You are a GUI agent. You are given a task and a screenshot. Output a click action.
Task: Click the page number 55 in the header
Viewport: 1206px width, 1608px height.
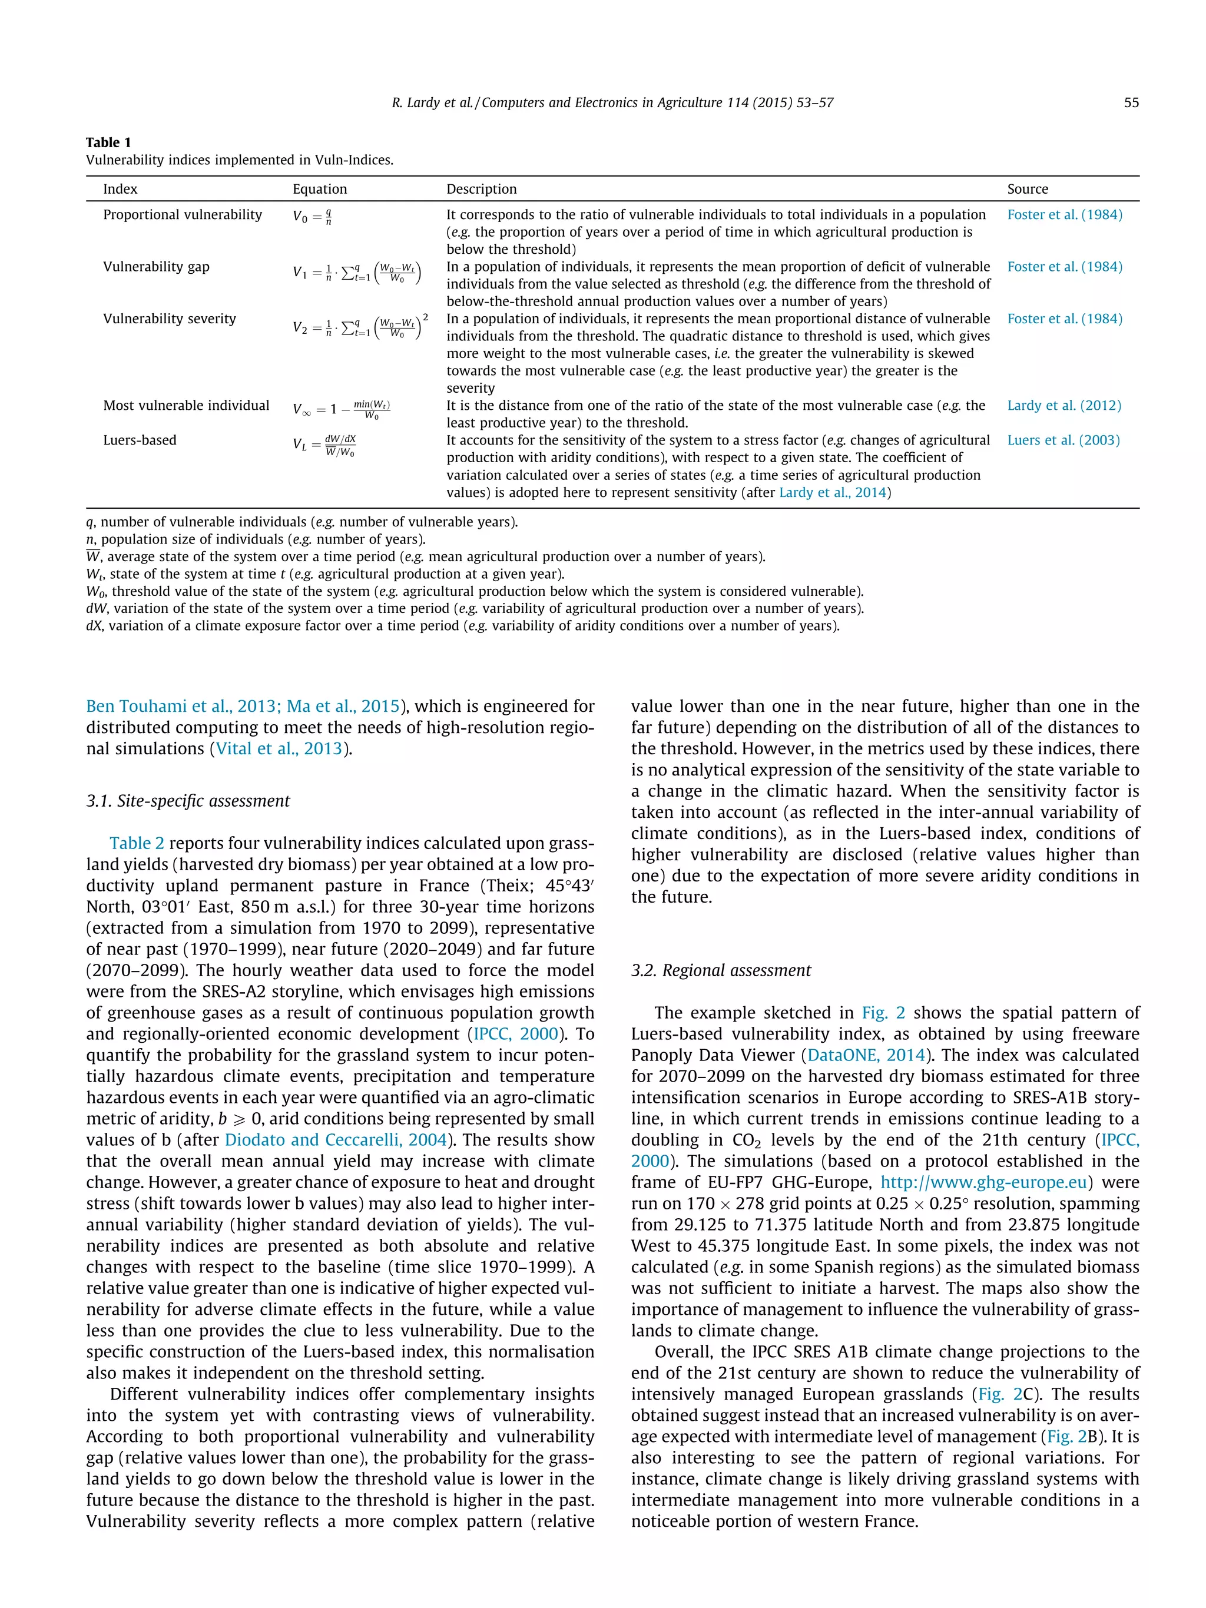click(1131, 102)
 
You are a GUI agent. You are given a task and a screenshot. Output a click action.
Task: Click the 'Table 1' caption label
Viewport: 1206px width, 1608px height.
click(108, 142)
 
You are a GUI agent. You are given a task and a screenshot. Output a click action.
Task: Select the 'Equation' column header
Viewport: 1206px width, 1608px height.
click(319, 189)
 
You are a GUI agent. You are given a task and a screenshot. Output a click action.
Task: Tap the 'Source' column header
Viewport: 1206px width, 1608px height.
click(1027, 189)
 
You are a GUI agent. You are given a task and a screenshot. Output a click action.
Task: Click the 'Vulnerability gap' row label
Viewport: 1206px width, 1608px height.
click(155, 267)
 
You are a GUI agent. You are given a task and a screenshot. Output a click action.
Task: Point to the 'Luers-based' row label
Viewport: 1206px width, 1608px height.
click(140, 440)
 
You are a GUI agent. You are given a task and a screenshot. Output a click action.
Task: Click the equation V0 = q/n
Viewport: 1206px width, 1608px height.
click(313, 217)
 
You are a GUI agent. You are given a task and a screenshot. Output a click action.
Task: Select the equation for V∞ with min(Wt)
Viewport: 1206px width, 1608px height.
click(342, 409)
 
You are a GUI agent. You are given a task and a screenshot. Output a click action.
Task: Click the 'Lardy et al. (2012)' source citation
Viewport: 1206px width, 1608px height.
click(1063, 406)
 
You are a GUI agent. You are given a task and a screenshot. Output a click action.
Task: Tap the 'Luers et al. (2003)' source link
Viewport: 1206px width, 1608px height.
click(1063, 440)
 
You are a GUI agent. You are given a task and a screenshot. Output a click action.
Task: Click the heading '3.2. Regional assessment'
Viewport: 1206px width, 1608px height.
click(720, 970)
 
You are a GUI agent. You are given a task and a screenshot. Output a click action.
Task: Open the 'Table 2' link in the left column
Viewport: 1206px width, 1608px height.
click(137, 843)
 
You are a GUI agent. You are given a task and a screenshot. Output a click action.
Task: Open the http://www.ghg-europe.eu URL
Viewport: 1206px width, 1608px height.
click(983, 1182)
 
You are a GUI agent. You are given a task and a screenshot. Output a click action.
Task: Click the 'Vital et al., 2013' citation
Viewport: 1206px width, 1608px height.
click(279, 749)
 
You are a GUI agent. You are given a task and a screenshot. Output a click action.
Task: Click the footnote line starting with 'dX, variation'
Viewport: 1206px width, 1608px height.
click(462, 626)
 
